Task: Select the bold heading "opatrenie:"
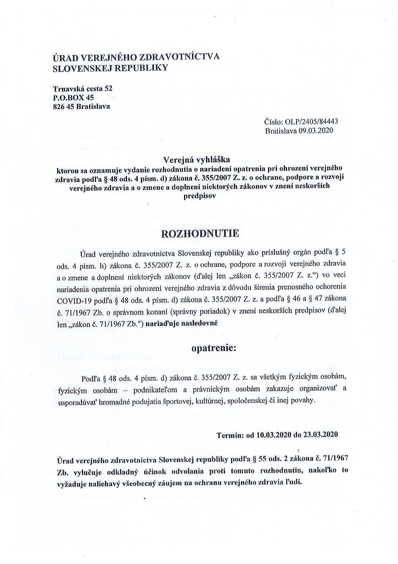214,347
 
